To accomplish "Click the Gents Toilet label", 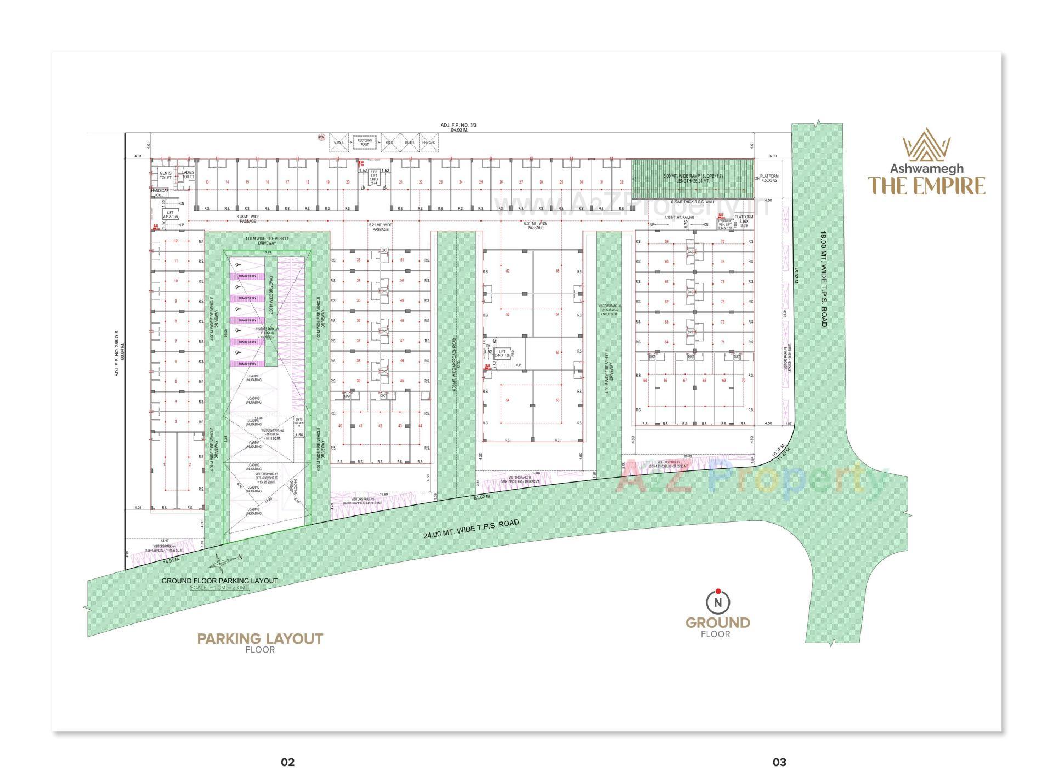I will [165, 175].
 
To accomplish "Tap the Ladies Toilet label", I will [189, 175].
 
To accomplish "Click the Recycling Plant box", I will [365, 143].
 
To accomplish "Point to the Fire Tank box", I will [428, 143].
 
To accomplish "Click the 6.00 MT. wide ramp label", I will [693, 178].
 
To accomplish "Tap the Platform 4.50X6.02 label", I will [769, 178].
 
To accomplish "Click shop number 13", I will [207, 182].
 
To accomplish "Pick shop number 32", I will [621, 182].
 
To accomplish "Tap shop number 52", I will [508, 271].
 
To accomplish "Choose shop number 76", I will [722, 242].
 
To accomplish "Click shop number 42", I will [380, 426].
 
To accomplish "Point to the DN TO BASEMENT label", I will [299, 421].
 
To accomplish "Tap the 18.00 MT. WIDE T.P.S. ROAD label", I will [823, 279].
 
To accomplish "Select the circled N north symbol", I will [718, 602].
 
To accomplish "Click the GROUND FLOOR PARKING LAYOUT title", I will [219, 581].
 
